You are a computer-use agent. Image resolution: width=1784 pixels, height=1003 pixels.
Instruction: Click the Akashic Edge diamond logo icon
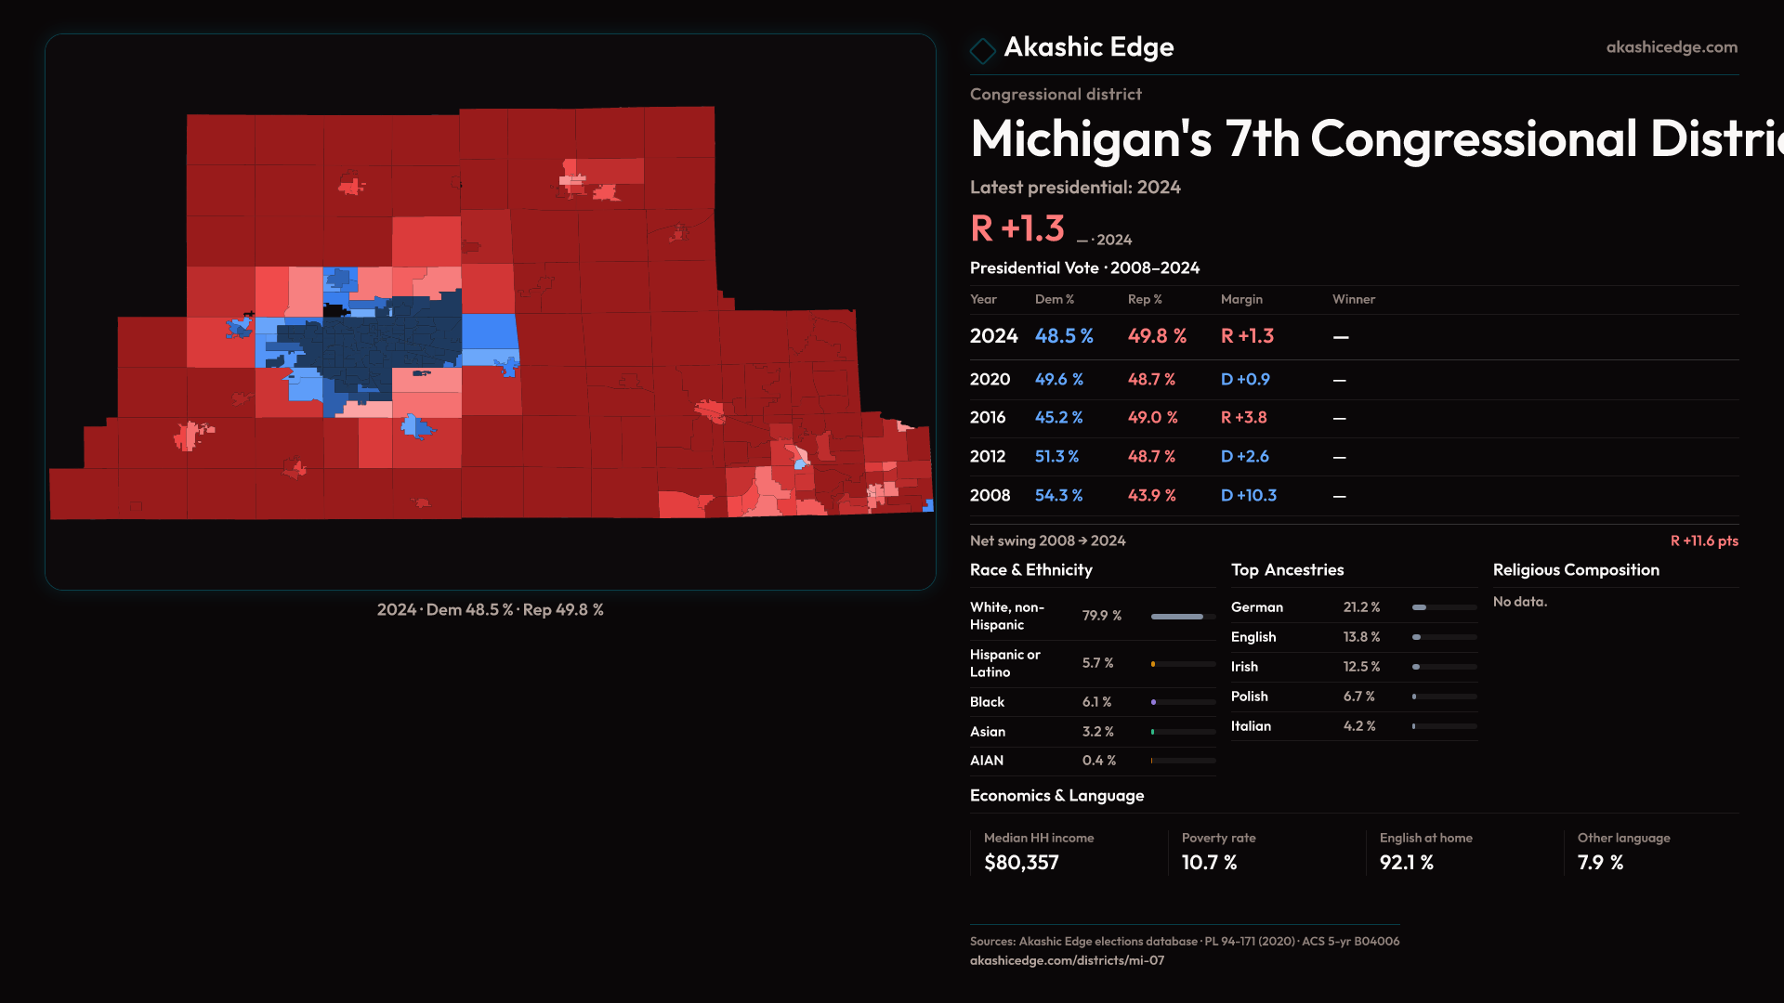tap(982, 49)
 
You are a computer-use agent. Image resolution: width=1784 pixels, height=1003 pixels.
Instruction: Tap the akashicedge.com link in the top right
tap(1672, 47)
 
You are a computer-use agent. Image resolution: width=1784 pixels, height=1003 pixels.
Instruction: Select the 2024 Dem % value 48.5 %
tap(1064, 336)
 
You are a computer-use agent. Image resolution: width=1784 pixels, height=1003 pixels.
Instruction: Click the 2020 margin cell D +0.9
tap(1245, 380)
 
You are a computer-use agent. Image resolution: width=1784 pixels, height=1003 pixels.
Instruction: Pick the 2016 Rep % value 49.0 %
tap(1152, 418)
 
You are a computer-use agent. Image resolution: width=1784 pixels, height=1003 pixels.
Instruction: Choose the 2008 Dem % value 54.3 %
tap(1059, 496)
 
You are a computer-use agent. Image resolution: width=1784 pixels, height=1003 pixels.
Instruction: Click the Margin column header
tap(1241, 299)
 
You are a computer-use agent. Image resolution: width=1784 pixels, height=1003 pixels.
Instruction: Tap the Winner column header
tap(1354, 299)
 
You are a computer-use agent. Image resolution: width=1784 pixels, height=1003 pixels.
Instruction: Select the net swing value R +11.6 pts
tap(1704, 541)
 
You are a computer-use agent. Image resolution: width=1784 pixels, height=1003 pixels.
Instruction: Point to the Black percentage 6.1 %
tap(1096, 702)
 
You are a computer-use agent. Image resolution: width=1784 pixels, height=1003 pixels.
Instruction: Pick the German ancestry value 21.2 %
tap(1361, 607)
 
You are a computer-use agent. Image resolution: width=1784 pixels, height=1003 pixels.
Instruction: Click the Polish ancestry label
tap(1250, 697)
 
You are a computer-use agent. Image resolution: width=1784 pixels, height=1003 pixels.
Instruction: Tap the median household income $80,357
tap(1021, 863)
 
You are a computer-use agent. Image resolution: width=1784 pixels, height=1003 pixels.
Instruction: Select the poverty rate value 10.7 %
tap(1209, 863)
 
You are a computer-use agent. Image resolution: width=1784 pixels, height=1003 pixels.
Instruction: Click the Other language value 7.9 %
tap(1600, 863)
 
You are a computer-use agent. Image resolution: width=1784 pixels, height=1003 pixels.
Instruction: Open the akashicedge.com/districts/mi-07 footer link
tap(1067, 960)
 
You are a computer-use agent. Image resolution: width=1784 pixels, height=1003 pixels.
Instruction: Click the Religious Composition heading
tap(1576, 570)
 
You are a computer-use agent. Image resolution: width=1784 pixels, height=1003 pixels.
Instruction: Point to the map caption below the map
tap(491, 610)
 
